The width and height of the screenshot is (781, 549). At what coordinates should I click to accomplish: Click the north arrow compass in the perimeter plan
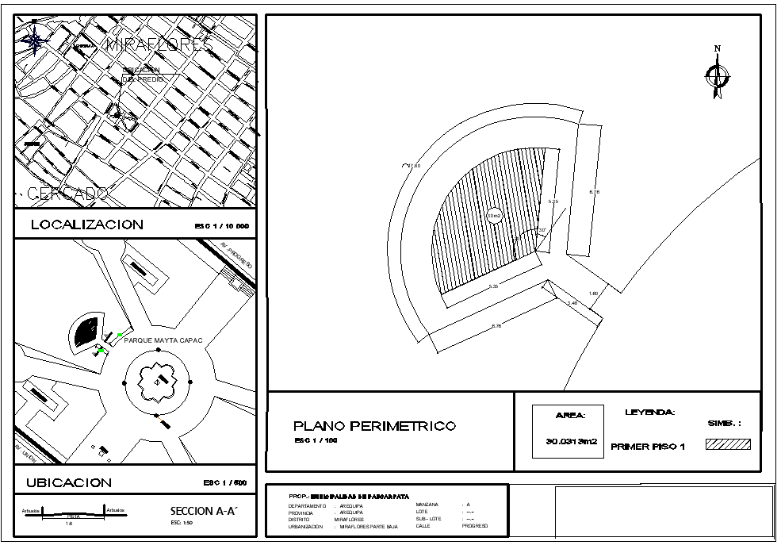click(x=717, y=75)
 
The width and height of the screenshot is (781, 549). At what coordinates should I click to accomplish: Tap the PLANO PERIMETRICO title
click(x=375, y=426)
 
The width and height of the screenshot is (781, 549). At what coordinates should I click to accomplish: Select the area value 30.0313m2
click(x=571, y=442)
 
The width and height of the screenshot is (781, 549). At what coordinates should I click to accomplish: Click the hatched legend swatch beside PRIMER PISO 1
click(x=728, y=444)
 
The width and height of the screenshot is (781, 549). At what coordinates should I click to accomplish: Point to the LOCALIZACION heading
click(x=87, y=225)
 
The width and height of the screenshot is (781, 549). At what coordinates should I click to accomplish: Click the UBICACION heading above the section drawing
click(x=69, y=482)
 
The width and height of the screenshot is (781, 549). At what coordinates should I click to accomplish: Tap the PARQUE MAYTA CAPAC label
click(x=163, y=340)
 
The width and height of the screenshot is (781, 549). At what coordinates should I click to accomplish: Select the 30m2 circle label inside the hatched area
click(x=493, y=216)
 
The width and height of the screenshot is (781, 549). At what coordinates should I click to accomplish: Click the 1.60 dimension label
click(x=593, y=294)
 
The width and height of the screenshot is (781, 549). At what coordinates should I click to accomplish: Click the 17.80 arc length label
click(x=412, y=165)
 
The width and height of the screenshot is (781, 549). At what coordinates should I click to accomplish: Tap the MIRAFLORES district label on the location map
click(x=159, y=44)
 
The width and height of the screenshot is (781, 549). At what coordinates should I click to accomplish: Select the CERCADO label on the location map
click(x=67, y=194)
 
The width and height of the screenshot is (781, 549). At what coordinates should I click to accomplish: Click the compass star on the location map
click(x=35, y=39)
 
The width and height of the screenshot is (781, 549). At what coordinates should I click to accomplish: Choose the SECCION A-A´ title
click(x=204, y=512)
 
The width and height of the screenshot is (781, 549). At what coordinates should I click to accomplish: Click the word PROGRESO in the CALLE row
click(x=475, y=526)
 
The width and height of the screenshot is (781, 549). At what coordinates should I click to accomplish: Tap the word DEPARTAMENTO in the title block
click(x=307, y=505)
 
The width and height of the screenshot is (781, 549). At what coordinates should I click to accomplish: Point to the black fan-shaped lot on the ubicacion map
click(x=86, y=331)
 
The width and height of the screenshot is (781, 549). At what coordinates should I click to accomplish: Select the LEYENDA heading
click(x=650, y=413)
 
